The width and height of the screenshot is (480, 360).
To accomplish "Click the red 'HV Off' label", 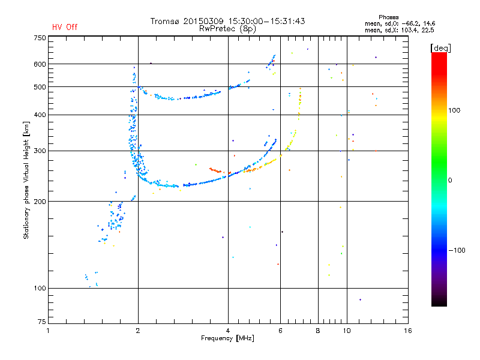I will coord(65,27).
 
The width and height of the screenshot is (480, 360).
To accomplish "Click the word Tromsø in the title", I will coord(165,21).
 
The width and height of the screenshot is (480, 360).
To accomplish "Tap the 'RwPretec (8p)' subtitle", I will coord(228,28).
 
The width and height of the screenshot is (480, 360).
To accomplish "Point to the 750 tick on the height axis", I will coord(39,37).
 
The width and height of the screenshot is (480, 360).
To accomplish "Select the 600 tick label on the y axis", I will coord(39,64).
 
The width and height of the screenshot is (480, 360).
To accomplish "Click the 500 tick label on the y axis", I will coord(39,87).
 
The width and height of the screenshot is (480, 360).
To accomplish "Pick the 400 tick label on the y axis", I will coord(39,115).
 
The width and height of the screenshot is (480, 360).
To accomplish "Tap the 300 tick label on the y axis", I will coord(39,151).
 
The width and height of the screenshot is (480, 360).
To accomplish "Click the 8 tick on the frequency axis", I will coord(318,331).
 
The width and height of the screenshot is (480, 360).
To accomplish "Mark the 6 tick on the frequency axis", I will coord(281,331).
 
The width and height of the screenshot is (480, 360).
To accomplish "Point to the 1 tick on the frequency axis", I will coord(48,331).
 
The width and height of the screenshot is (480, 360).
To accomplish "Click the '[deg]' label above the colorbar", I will coord(441,47).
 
